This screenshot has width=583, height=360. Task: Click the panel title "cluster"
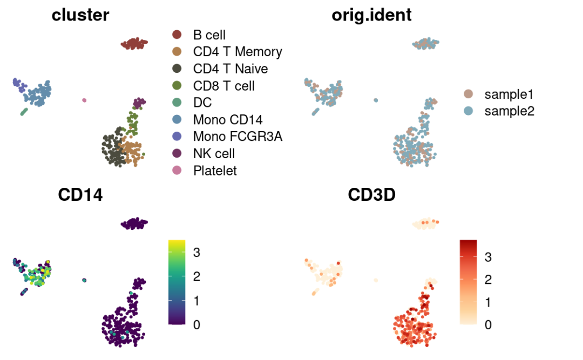tap(80, 15)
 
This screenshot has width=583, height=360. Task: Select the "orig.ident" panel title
tap(371, 15)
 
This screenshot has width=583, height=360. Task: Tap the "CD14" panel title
tap(80, 195)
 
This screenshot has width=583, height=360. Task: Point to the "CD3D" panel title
tap(371, 195)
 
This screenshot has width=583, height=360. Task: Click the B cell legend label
tap(209, 36)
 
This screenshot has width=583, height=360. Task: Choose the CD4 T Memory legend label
tap(238, 52)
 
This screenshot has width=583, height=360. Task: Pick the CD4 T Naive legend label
tap(231, 69)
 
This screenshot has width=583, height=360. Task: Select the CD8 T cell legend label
tap(224, 86)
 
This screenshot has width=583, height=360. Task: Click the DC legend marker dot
tap(177, 103)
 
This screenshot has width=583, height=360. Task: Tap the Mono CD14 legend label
tap(228, 120)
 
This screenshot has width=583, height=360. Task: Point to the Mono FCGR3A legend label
tap(238, 137)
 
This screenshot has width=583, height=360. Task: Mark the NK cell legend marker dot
tap(177, 154)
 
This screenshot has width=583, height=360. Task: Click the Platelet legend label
tap(215, 171)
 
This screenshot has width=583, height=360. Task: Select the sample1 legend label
tap(509, 94)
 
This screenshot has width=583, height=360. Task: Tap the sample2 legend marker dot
tap(469, 111)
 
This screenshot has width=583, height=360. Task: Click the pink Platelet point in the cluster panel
tap(84, 100)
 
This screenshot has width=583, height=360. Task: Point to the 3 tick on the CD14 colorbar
tap(198, 252)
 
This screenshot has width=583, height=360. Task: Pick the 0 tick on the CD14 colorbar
tap(198, 324)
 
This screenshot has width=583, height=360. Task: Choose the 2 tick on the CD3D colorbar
tap(487, 280)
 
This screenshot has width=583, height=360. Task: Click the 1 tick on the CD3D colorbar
tap(487, 302)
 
